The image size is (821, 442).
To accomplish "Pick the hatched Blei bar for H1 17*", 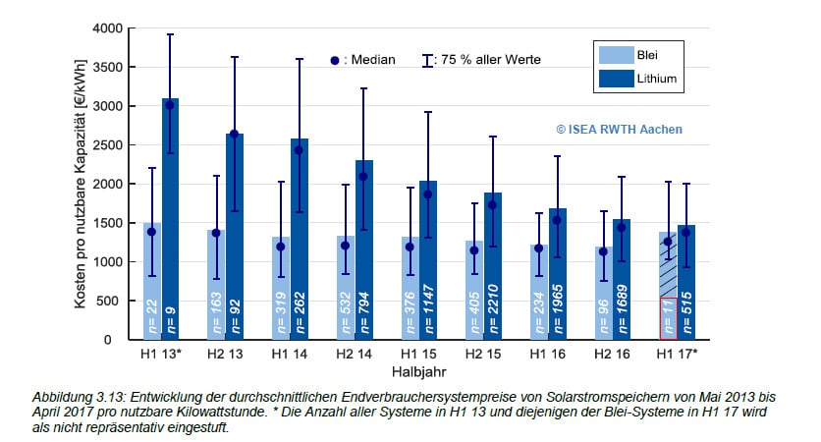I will [669, 265].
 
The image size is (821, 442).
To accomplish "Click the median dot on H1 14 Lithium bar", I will [299, 150].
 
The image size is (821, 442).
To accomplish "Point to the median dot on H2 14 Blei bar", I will [345, 246].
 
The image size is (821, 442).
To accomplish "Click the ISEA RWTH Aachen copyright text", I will [619, 129].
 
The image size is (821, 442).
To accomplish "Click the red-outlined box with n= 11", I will [669, 317].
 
